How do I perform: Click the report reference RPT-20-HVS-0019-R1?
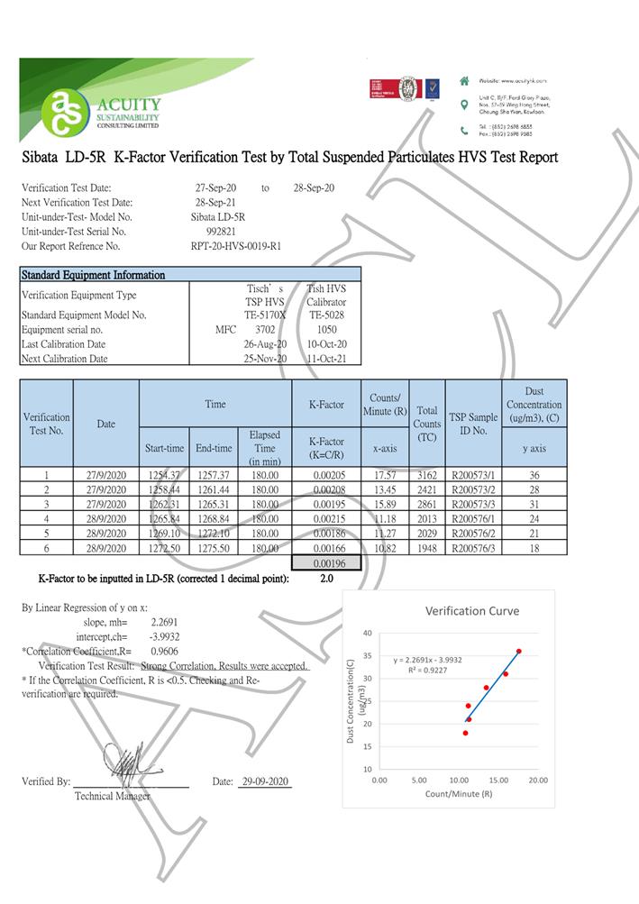pyautogui.click(x=236, y=246)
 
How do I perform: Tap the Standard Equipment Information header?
pyautogui.click(x=93, y=275)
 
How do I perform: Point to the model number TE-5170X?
pyautogui.click(x=265, y=315)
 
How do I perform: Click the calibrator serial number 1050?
pyautogui.click(x=326, y=330)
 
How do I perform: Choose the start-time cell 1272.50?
pyautogui.click(x=163, y=547)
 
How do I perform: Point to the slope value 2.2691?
pyautogui.click(x=164, y=622)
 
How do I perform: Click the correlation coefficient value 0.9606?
pyautogui.click(x=164, y=651)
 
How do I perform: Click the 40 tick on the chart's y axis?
pyautogui.click(x=367, y=633)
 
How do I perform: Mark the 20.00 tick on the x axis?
pyautogui.click(x=539, y=780)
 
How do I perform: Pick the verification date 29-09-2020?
pyautogui.click(x=265, y=781)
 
